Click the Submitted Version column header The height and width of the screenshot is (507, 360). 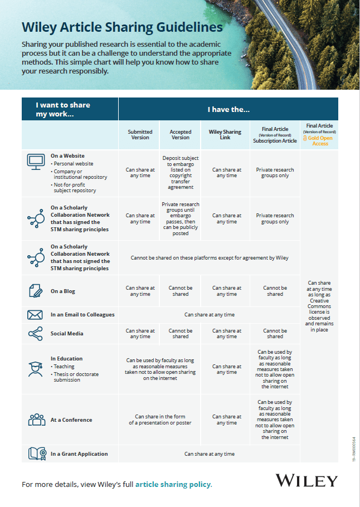click(x=140, y=135)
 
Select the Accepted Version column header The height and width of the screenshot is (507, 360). click(x=180, y=135)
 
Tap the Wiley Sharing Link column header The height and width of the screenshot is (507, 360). click(x=225, y=135)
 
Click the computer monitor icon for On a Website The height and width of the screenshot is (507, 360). click(x=36, y=162)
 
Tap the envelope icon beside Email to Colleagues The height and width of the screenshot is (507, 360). click(x=35, y=315)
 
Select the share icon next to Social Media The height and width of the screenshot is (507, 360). click(x=35, y=334)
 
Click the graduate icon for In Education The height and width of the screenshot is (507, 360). click(x=35, y=368)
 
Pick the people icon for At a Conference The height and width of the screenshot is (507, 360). click(x=36, y=420)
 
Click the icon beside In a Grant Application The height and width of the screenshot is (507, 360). click(x=36, y=454)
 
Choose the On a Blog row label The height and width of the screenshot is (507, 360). click(x=62, y=291)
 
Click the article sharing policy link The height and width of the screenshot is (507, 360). click(x=173, y=484)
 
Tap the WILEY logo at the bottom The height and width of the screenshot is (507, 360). click(x=307, y=481)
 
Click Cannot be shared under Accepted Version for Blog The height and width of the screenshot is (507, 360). click(x=180, y=291)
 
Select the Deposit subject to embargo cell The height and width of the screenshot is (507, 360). click(x=180, y=173)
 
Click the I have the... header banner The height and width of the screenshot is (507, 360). click(x=228, y=109)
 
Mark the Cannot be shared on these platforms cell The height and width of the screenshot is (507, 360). click(x=210, y=258)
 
